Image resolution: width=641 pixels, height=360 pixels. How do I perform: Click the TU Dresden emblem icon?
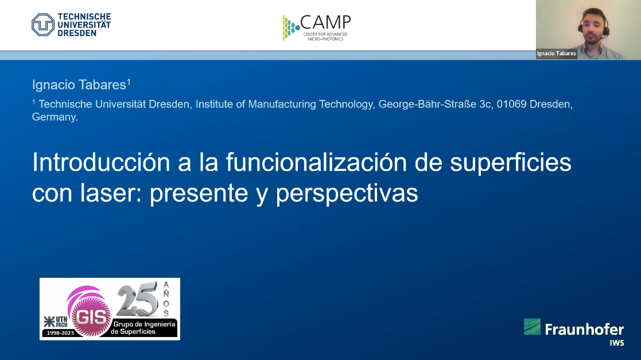tap(43, 25)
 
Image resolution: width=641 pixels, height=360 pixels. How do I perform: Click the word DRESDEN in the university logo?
tap(77, 33)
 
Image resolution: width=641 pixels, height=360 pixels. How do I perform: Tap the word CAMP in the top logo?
tap(325, 22)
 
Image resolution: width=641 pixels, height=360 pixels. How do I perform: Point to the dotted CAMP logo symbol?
tap(290, 28)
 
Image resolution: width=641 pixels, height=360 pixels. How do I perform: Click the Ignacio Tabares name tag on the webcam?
tap(557, 53)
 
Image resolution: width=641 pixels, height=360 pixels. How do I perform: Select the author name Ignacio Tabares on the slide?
tap(79, 84)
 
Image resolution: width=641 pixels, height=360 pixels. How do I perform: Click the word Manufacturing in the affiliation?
tap(282, 104)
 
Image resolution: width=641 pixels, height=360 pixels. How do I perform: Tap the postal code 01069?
tap(511, 104)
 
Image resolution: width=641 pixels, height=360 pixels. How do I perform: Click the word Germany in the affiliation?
tap(55, 117)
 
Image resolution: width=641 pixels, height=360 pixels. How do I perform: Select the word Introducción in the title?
tap(101, 162)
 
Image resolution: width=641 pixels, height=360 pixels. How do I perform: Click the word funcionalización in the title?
tap(316, 162)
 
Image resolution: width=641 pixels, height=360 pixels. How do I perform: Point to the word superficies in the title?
tap(511, 163)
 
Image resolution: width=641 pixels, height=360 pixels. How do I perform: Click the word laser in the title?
tap(110, 193)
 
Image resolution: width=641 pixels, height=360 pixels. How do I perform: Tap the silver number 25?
tap(138, 299)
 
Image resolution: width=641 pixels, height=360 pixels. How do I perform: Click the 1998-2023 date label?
tap(60, 333)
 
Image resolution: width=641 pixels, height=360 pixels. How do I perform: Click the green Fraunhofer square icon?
tap(532, 327)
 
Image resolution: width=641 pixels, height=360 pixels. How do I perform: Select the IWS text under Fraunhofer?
tap(616, 343)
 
